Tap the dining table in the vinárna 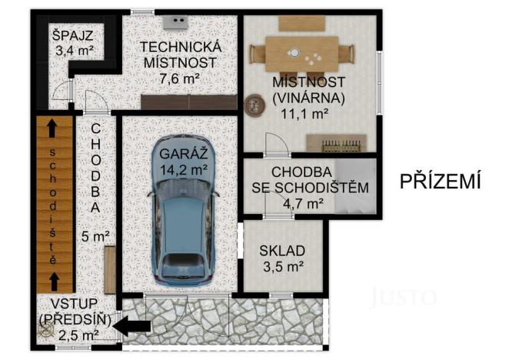pos(301,53)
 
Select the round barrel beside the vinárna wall pos(251,106)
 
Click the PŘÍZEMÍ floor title pos(440,183)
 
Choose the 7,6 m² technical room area pos(180,78)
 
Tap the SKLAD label pos(282,251)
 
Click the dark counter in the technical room pos(188,101)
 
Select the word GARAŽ pos(178,152)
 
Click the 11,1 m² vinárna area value pos(308,113)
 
